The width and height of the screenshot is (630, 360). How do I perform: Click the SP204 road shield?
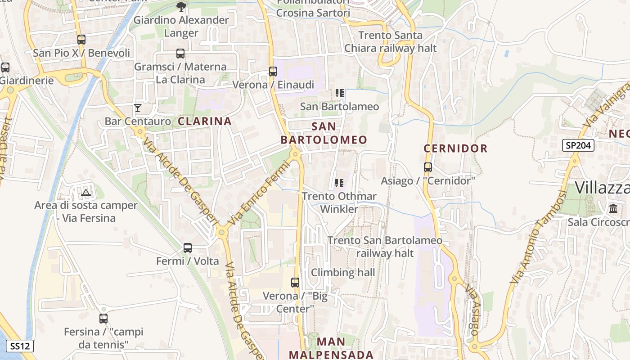click(578, 145)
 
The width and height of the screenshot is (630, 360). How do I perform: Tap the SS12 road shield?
click(20, 346)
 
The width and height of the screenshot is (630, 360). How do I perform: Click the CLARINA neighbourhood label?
click(205, 121)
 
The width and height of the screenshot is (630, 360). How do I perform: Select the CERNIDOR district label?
click(455, 148)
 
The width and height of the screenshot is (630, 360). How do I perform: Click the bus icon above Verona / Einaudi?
click(273, 71)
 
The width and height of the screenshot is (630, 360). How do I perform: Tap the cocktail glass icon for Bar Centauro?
click(138, 108)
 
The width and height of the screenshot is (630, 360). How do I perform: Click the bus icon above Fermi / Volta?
click(188, 248)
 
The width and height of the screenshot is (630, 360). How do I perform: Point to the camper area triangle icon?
click(85, 193)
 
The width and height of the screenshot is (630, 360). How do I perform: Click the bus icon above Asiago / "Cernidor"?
click(427, 167)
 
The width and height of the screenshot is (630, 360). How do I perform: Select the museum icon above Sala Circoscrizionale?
click(613, 209)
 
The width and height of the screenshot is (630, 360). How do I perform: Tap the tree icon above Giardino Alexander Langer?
click(181, 6)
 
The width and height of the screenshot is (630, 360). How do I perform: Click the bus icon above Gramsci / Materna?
click(180, 54)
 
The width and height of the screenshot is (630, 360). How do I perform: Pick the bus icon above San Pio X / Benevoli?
click(81, 40)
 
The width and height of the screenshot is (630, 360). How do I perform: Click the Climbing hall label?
click(343, 272)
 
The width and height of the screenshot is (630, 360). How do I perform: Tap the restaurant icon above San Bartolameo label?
click(339, 93)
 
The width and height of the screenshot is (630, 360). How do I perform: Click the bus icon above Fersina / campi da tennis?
click(103, 319)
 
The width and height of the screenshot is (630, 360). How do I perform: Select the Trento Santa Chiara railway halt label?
click(390, 41)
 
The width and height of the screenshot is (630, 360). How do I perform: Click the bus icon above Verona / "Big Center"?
click(295, 283)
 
